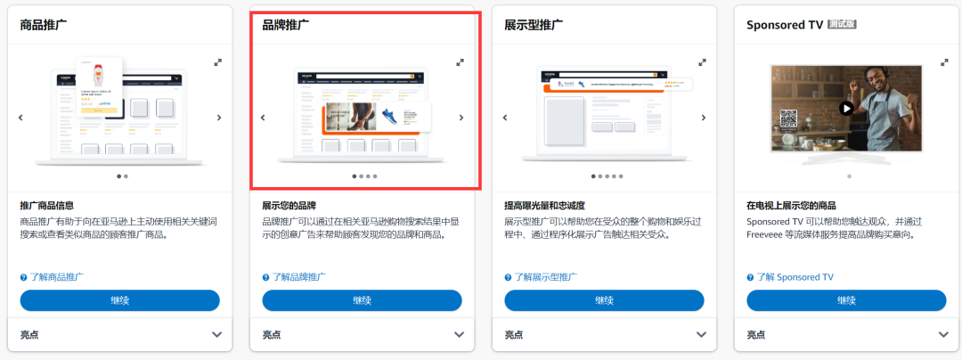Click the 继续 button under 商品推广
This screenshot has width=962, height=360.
(119, 300)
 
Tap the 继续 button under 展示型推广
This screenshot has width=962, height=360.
(604, 300)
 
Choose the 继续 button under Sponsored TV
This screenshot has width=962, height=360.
(846, 300)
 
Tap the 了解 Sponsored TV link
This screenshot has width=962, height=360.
(789, 277)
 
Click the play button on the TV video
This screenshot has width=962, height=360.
(846, 109)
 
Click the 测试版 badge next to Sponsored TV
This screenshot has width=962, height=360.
(842, 25)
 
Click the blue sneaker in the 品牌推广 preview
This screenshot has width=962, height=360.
(390, 116)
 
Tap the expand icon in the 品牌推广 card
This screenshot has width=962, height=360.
(460, 62)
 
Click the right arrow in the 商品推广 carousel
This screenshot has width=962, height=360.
(219, 117)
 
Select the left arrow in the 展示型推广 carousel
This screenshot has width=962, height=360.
(505, 117)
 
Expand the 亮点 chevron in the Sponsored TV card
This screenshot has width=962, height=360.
(943, 334)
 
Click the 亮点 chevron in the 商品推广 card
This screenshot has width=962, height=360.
(216, 334)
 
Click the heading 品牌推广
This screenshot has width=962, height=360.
(286, 25)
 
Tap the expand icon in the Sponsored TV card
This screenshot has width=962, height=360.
(944, 62)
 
